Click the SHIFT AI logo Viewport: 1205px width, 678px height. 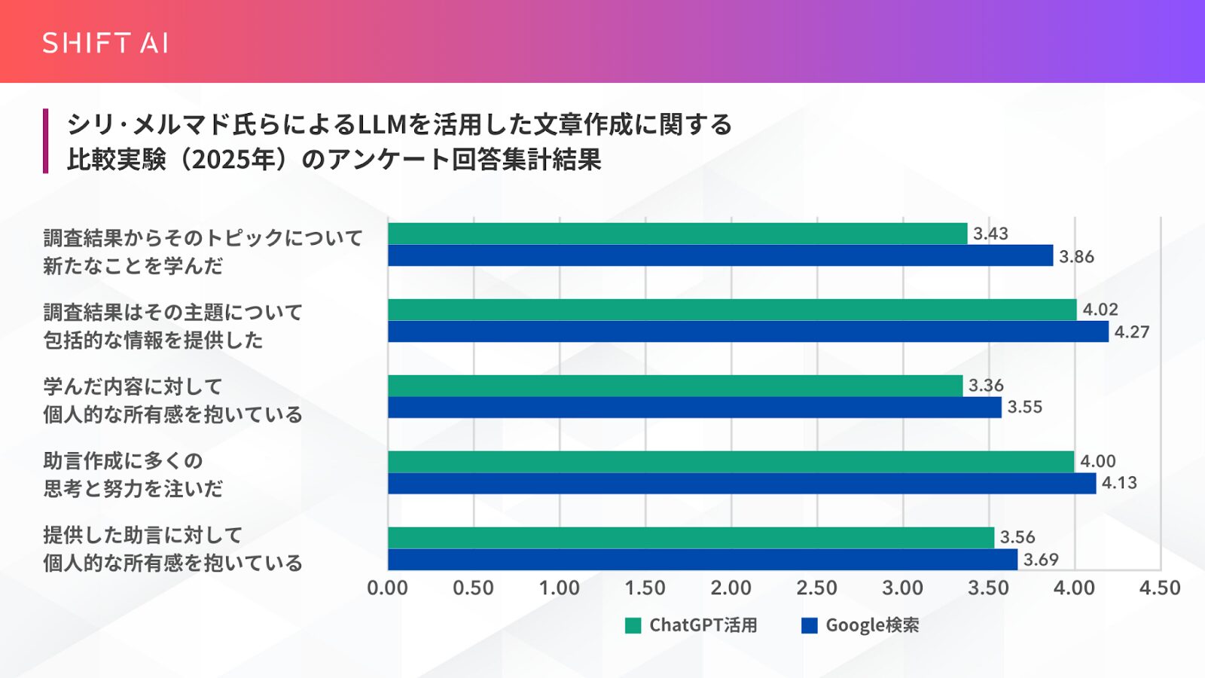105,43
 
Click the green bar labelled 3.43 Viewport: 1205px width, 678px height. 678,234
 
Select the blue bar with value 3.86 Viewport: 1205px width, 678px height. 720,255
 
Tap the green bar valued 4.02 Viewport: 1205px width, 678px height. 732,310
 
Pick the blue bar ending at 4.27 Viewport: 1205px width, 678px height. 748,331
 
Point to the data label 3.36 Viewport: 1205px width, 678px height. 986,386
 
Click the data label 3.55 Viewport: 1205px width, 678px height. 1024,408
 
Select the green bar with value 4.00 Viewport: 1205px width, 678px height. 731,461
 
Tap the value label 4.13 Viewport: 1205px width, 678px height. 1119,483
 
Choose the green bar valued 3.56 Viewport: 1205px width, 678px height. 691,537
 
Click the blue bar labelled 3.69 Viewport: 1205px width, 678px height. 703,559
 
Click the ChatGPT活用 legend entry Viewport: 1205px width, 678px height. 691,625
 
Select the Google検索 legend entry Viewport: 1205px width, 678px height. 861,625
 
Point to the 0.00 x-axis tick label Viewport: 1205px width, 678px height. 387,588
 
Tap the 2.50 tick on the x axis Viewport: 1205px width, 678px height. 816,588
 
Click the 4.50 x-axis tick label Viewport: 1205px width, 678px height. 1160,588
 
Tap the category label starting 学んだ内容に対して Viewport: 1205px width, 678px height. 172,400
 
